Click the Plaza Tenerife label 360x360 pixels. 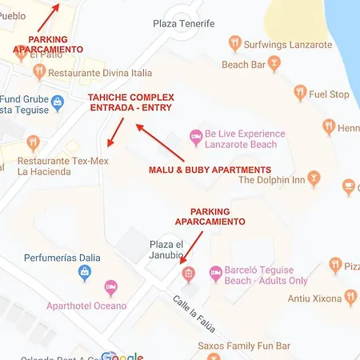pos(184,23)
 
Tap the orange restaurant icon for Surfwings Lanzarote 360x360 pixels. pos(234,43)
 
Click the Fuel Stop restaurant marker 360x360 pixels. pos(301,94)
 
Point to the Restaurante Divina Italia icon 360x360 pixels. pos(38,72)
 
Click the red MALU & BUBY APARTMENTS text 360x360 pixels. pos(210,170)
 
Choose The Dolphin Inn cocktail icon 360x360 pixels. pos(314,178)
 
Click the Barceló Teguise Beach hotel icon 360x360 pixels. pos(215,274)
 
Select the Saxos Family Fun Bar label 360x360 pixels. pos(243,346)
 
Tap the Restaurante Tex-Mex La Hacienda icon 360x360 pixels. pos(33,143)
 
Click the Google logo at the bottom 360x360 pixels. pos(122,355)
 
